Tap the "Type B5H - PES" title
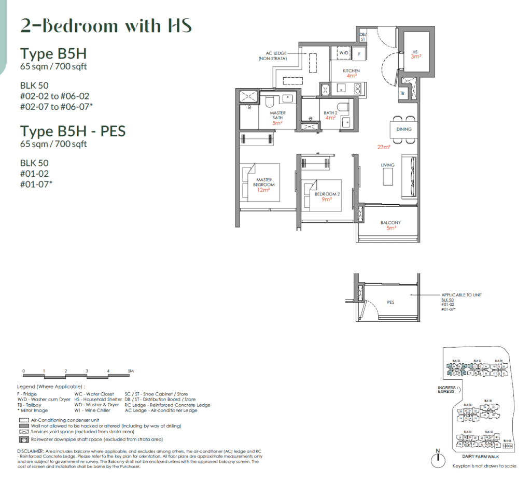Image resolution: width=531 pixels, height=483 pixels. pyautogui.click(x=73, y=131)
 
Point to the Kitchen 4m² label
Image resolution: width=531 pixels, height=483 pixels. pyautogui.click(x=351, y=73)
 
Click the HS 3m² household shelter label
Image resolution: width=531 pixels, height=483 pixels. pyautogui.click(x=416, y=54)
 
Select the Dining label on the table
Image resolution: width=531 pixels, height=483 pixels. pyautogui.click(x=404, y=129)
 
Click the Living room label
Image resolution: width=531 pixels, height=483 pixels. pyautogui.click(x=388, y=165)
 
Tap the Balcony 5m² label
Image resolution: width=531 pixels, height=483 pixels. pyautogui.click(x=390, y=225)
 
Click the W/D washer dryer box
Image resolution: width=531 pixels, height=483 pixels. pyautogui.click(x=344, y=53)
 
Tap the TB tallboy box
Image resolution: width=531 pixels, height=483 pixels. pyautogui.click(x=402, y=93)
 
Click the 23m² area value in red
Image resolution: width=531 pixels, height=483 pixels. pyautogui.click(x=384, y=147)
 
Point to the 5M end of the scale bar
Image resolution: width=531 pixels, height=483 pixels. pyautogui.click(x=131, y=371)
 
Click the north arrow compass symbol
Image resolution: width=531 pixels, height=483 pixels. pyautogui.click(x=439, y=459)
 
